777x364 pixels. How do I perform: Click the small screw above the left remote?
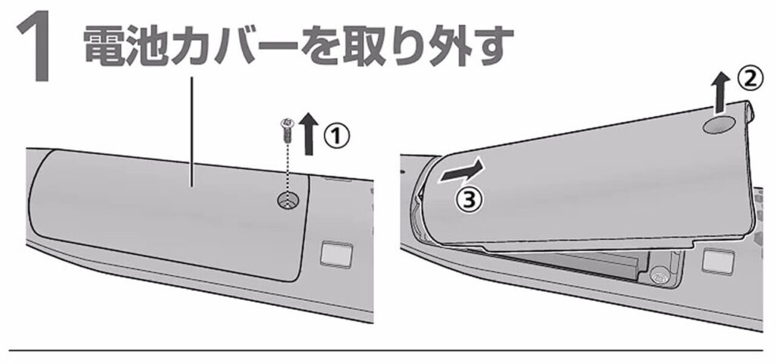pos(288,130)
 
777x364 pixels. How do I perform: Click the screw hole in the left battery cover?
pos(288,200)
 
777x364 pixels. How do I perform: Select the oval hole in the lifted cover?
pos(717,123)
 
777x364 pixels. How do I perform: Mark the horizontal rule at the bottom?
pos(388,350)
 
